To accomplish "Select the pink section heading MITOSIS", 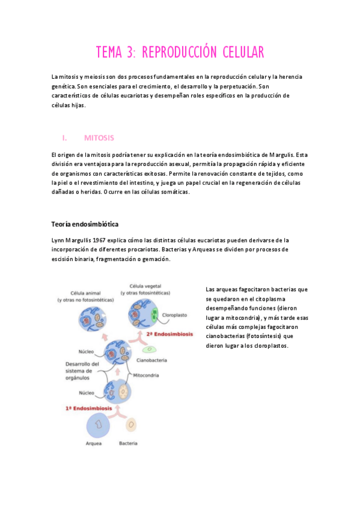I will (x=99, y=138).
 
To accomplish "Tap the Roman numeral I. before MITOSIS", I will (x=64, y=138).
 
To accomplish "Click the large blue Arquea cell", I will (x=97, y=425).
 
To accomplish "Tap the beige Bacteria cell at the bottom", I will (x=130, y=425).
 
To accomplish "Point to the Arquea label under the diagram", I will (x=93, y=443).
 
